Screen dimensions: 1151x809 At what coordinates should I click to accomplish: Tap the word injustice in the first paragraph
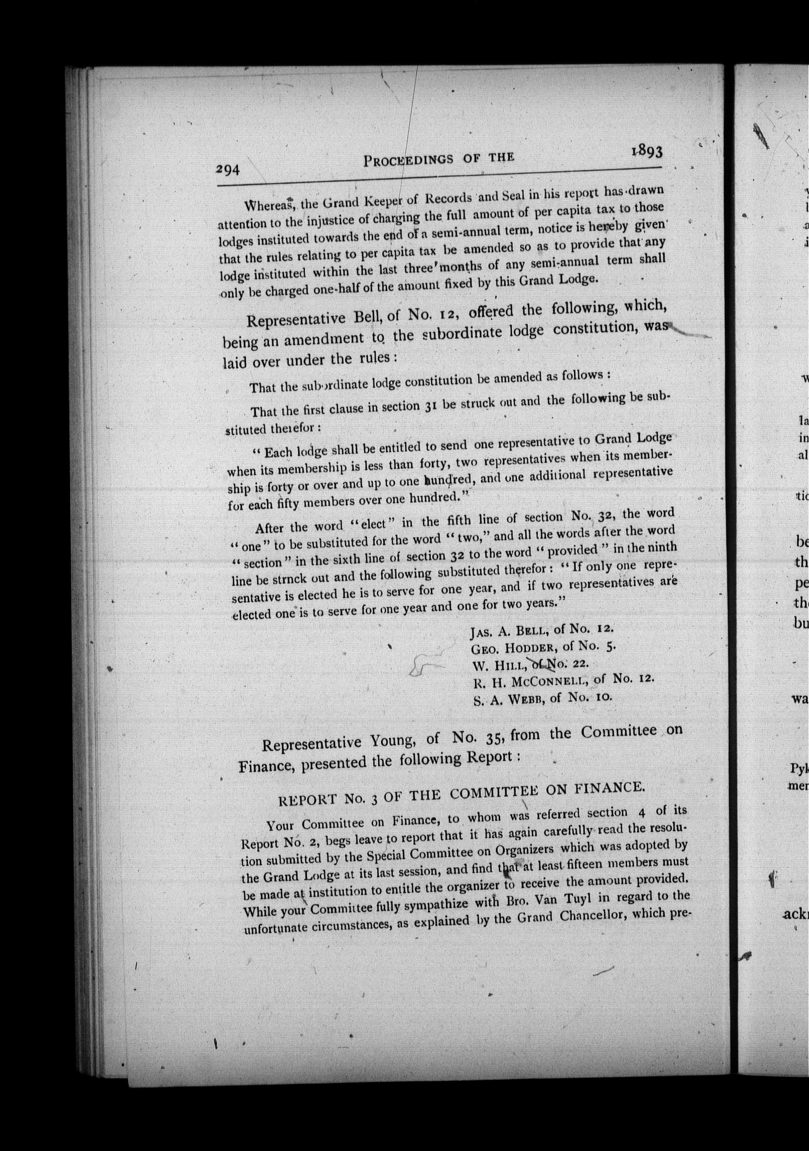tap(330, 222)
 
